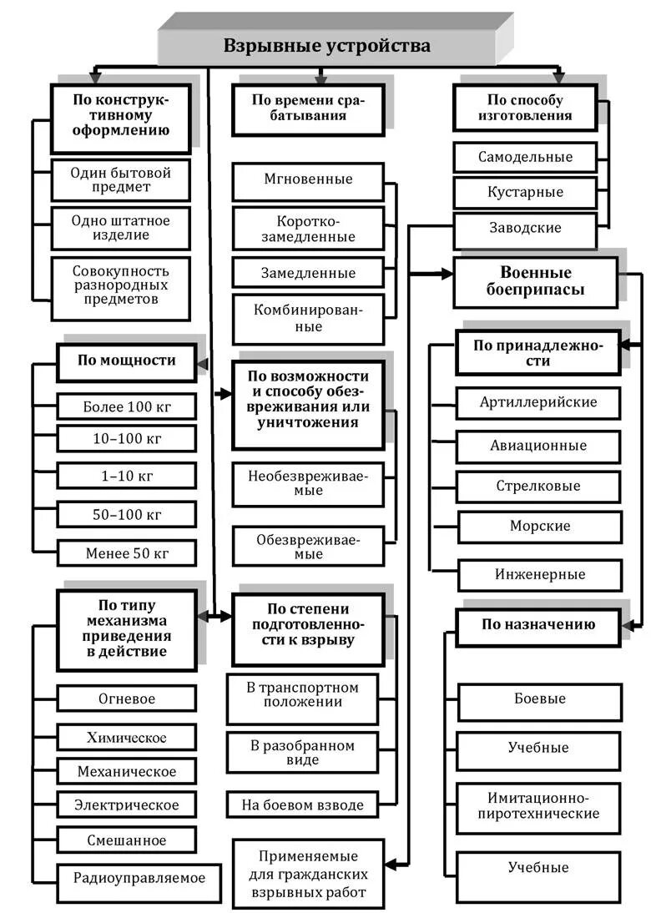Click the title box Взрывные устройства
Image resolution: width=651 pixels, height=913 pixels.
(326, 46)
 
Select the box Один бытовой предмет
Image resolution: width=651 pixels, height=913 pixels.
(121, 180)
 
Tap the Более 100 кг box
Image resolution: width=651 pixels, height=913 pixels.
(127, 407)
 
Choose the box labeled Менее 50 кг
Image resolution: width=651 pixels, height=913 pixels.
(127, 552)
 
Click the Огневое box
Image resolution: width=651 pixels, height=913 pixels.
(127, 699)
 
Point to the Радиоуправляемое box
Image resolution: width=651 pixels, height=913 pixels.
(139, 877)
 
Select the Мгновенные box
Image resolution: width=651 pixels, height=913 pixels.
(308, 180)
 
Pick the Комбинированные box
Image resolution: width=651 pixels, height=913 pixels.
(308, 318)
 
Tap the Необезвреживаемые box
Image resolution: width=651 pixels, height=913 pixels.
(308, 483)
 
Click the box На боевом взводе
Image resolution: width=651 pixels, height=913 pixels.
(302, 805)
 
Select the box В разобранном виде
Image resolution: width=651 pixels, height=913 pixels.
(302, 752)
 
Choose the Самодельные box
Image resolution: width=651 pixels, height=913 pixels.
(525, 157)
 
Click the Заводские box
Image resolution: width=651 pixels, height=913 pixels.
(525, 228)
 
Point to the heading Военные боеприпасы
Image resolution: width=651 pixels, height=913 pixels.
(535, 282)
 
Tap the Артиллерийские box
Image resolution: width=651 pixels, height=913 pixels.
(538, 402)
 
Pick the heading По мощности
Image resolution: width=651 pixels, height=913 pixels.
(127, 361)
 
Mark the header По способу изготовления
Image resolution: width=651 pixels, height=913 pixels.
(525, 108)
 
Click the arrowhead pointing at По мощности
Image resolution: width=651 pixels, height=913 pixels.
(201, 362)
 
